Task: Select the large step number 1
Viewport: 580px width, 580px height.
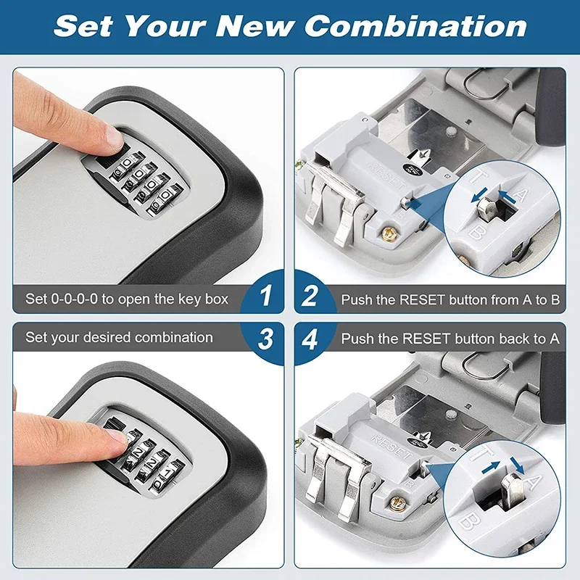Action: point(267,296)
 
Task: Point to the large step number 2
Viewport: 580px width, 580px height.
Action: point(310,296)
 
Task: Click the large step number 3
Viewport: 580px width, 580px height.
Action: point(267,339)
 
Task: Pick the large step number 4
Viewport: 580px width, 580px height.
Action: point(310,339)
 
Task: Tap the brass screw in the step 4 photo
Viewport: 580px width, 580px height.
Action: point(396,501)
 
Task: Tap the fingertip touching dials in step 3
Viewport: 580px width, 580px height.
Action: point(116,438)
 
